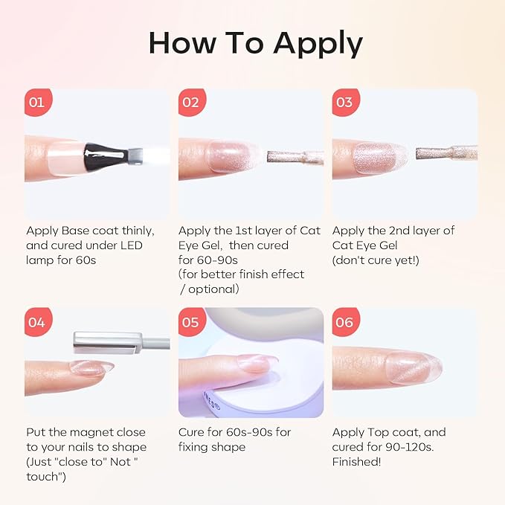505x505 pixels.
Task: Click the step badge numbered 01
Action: [x=38, y=102]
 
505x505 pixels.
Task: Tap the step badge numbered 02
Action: [x=192, y=102]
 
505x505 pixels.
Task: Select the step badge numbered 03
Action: [x=346, y=102]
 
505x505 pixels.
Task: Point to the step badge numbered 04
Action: [x=38, y=322]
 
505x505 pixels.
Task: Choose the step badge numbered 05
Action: [x=192, y=322]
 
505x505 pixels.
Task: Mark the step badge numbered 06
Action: [x=346, y=322]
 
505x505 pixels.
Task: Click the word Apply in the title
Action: [x=318, y=44]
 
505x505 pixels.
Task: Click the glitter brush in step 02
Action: [x=295, y=157]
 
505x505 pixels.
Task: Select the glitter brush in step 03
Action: [x=446, y=153]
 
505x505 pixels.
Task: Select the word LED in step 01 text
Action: [x=132, y=245]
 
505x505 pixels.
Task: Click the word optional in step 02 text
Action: [x=213, y=289]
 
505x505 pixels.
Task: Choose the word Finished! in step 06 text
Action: [x=356, y=462]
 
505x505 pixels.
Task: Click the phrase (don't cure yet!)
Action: [x=376, y=260]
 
